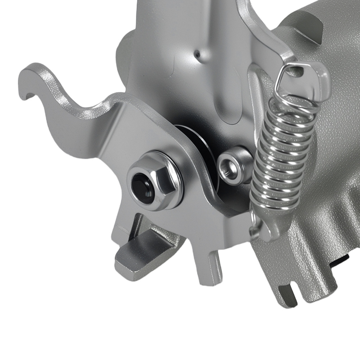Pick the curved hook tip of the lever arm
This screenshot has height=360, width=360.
(27, 86)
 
